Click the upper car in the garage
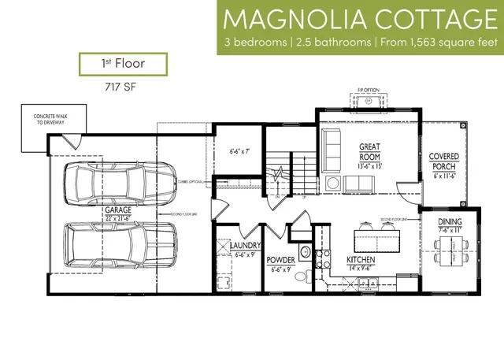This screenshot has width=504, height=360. click(120, 183)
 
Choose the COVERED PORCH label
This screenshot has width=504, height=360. click(444, 162)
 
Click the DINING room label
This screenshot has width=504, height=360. click(450, 223)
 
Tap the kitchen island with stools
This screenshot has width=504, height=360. click(374, 236)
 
